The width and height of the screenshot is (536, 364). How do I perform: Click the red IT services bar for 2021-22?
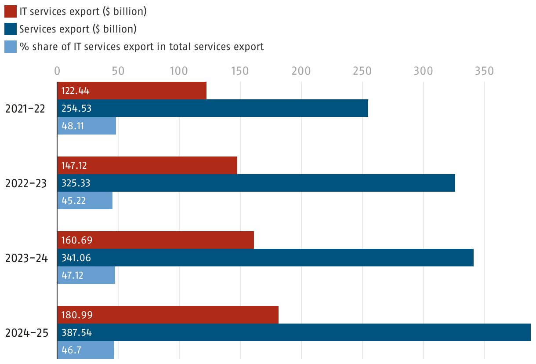coord(132,91)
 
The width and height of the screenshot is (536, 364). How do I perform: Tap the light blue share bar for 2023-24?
coord(86,275)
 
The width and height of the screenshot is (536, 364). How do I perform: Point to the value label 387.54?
coord(76,332)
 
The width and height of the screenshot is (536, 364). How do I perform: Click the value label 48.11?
coord(72,126)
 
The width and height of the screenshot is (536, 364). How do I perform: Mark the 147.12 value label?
coord(74,165)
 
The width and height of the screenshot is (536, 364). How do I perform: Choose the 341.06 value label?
coord(76,258)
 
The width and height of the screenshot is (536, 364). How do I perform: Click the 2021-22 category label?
coord(25,109)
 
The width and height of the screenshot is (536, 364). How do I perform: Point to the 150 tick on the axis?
coord(240,71)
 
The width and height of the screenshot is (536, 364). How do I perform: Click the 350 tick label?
coord(484,71)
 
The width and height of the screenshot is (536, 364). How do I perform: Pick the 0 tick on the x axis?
coord(57,71)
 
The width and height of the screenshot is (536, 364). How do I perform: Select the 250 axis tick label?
coord(362,71)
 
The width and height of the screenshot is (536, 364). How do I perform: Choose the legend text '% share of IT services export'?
coord(141,47)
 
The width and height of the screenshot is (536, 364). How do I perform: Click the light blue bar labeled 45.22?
coord(85,200)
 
